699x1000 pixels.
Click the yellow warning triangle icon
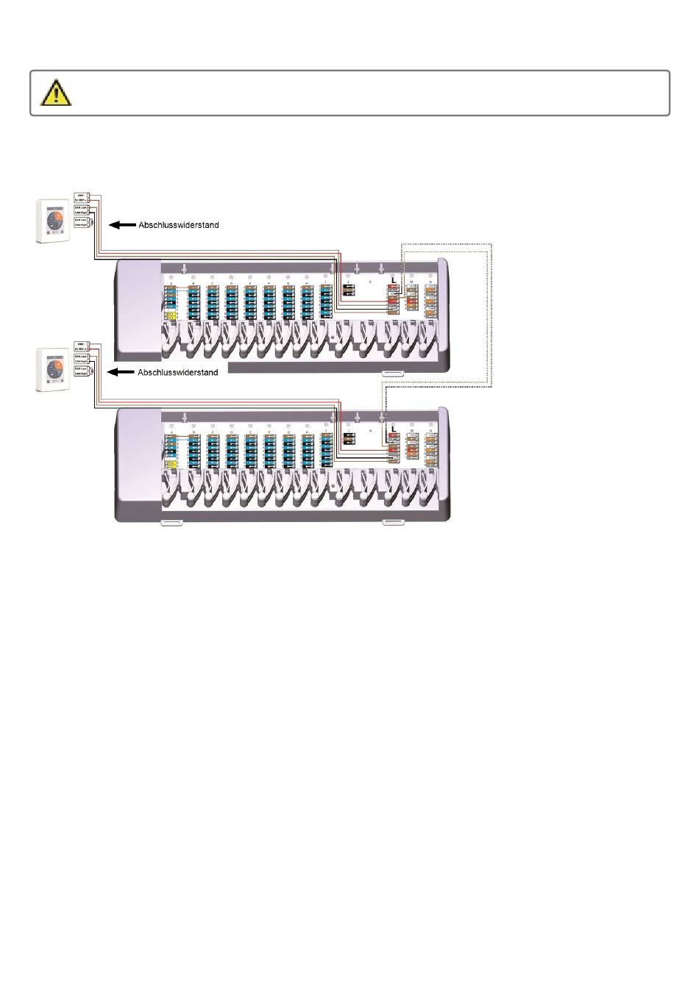pyautogui.click(x=56, y=92)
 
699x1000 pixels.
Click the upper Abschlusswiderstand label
pyautogui.click(x=179, y=225)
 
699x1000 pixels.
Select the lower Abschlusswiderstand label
pyautogui.click(x=178, y=372)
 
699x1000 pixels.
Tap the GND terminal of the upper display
pyautogui.click(x=82, y=196)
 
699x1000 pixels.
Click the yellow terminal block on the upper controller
pyautogui.click(x=170, y=316)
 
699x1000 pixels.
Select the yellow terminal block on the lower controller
pyautogui.click(x=170, y=465)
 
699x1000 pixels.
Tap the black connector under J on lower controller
pyautogui.click(x=349, y=439)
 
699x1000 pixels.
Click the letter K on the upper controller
pyautogui.click(x=370, y=282)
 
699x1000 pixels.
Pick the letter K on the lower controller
pyautogui.click(x=370, y=429)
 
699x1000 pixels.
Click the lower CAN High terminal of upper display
pyautogui.click(x=82, y=226)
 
